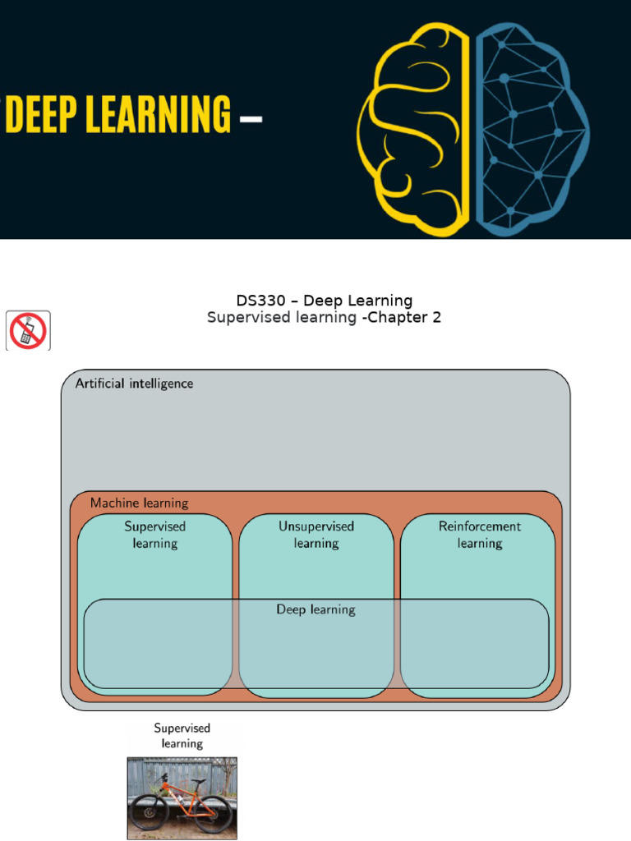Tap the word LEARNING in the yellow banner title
[x=159, y=113]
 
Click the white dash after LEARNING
[x=251, y=118]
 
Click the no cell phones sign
[x=28, y=331]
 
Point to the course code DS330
[x=260, y=301]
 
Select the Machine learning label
[x=140, y=503]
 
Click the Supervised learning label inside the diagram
[x=155, y=535]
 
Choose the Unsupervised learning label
[x=316, y=535]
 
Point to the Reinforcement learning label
[x=480, y=535]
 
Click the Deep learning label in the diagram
[x=316, y=610]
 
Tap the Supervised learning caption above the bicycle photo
[x=182, y=735]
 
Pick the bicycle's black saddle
[x=199, y=782]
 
